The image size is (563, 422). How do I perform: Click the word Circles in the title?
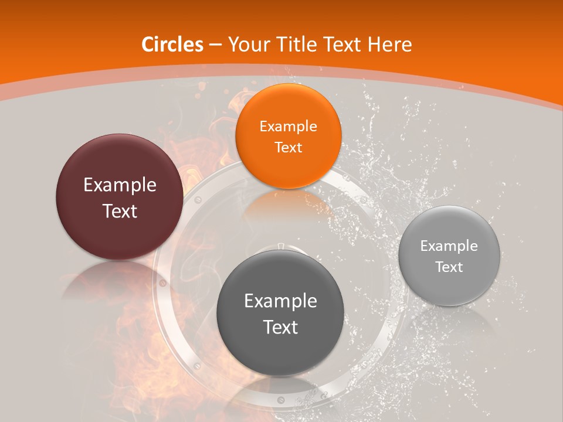click(172, 45)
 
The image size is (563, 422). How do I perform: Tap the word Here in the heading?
click(390, 45)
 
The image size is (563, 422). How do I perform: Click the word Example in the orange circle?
click(288, 126)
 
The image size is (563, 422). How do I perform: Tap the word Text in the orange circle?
click(288, 147)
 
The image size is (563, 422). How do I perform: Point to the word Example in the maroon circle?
click(120, 185)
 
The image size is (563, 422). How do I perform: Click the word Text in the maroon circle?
click(120, 211)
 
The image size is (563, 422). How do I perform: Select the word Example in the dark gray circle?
click(280, 301)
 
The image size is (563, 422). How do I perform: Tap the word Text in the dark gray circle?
click(280, 327)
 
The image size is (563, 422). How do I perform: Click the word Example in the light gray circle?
click(449, 246)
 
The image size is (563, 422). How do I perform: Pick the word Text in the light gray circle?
click(449, 267)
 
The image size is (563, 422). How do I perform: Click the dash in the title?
click(215, 45)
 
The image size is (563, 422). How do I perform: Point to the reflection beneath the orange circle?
click(287, 205)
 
